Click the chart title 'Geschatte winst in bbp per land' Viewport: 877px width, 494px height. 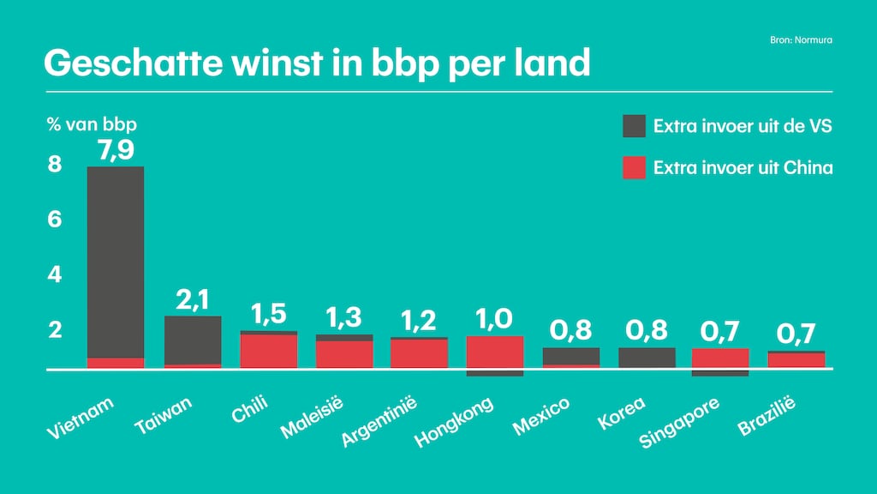coord(317,63)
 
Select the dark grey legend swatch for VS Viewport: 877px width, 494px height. coord(634,126)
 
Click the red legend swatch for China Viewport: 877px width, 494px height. coord(634,167)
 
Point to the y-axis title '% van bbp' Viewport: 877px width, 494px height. coord(92,123)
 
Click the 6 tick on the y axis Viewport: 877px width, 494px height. coord(55,220)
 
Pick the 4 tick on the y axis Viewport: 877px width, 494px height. coord(55,275)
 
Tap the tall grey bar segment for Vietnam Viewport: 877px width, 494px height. coord(116,262)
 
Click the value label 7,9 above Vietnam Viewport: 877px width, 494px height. coord(116,150)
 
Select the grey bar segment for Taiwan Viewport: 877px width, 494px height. coord(192,340)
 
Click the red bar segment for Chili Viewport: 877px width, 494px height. coord(268,351)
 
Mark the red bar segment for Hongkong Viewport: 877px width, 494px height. coord(494,352)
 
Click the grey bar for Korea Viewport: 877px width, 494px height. coord(647,358)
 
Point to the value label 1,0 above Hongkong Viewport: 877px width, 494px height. coord(494,318)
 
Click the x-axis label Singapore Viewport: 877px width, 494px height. coord(680,422)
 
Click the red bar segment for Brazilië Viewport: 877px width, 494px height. coord(796,360)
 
